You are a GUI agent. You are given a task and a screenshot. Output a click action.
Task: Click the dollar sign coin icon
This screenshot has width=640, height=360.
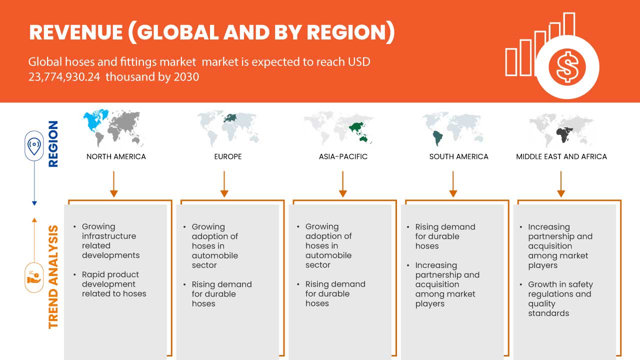(566, 67)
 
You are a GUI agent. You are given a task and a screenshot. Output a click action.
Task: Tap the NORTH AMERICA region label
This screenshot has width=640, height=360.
(116, 156)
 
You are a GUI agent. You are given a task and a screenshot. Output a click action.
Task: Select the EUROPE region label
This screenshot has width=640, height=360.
(228, 156)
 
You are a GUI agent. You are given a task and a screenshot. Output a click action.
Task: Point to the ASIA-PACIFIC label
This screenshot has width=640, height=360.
(343, 156)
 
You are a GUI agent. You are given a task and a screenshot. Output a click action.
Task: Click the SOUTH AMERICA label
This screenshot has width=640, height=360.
(458, 156)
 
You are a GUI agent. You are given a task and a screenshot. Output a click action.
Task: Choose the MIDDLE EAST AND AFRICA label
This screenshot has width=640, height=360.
(561, 156)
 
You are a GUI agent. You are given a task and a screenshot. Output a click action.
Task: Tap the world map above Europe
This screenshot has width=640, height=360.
(228, 127)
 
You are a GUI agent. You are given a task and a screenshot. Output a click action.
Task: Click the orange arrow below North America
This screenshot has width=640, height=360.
(113, 183)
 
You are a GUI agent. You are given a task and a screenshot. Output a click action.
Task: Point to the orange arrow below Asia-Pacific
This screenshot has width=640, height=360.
(342, 183)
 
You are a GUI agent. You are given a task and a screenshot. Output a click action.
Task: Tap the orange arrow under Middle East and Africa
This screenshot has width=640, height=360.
(561, 183)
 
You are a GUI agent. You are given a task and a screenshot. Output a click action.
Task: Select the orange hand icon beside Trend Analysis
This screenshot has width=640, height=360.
(34, 277)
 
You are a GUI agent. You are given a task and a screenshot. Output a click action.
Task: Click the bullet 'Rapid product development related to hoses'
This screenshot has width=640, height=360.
(114, 284)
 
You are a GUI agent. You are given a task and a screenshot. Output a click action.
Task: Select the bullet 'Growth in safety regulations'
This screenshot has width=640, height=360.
(559, 298)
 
